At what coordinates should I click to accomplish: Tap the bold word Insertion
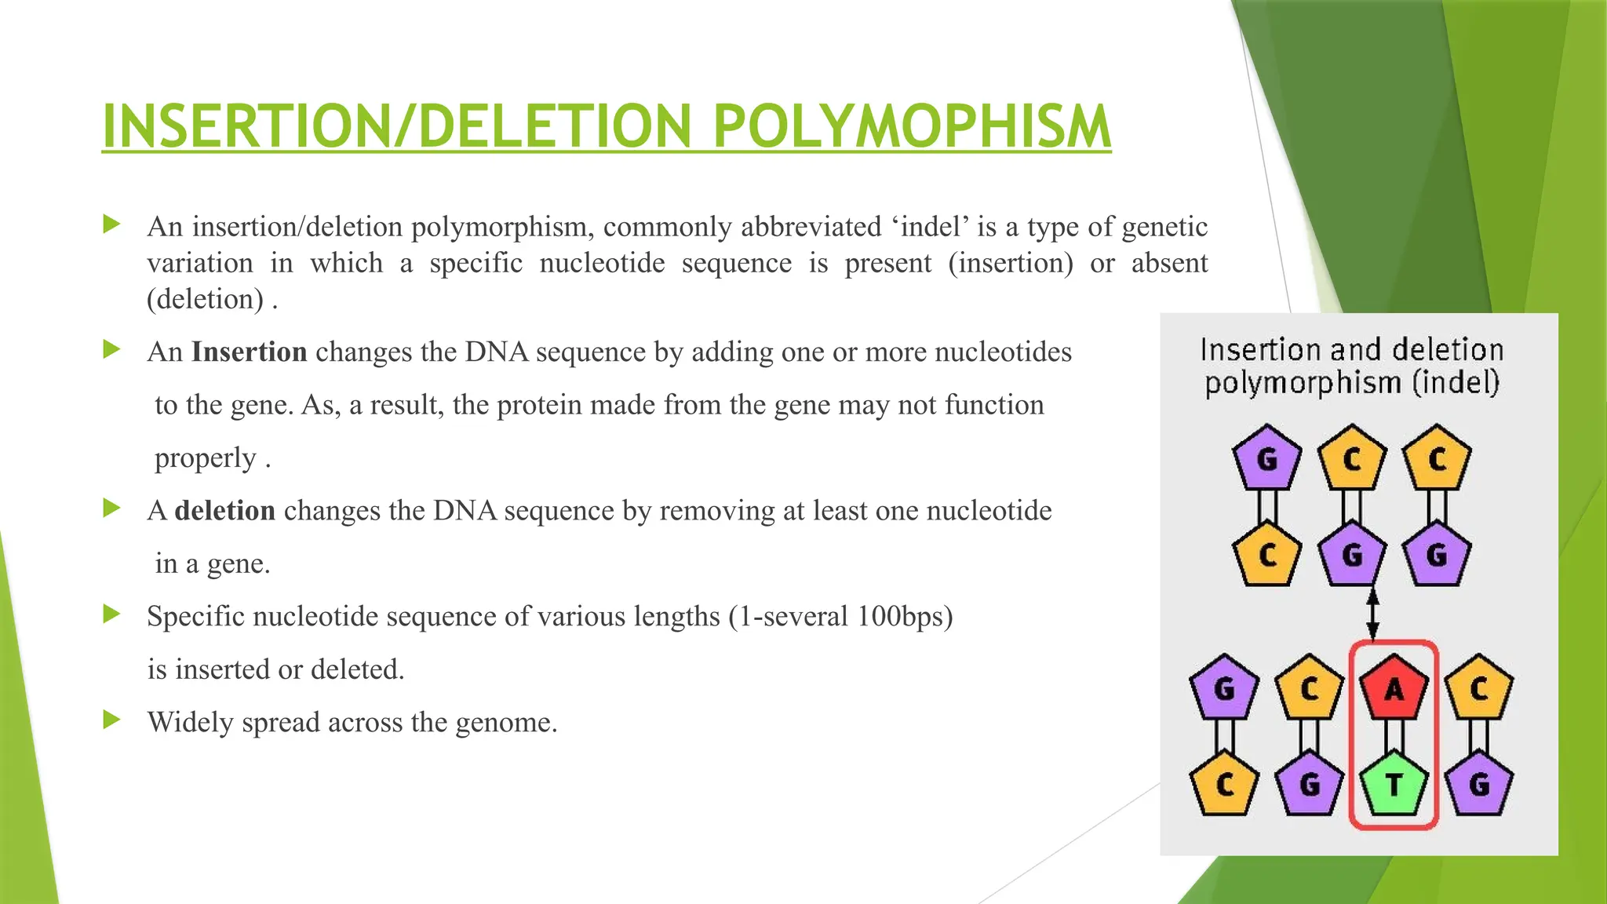click(249, 352)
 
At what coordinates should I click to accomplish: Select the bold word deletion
click(224, 511)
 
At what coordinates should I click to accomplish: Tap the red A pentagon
click(1394, 688)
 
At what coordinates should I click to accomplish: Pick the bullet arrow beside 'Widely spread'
click(111, 720)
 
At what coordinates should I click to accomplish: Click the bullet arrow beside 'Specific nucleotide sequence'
click(111, 614)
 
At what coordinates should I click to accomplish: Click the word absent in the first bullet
click(1169, 264)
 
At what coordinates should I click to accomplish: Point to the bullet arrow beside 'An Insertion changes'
click(111, 349)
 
